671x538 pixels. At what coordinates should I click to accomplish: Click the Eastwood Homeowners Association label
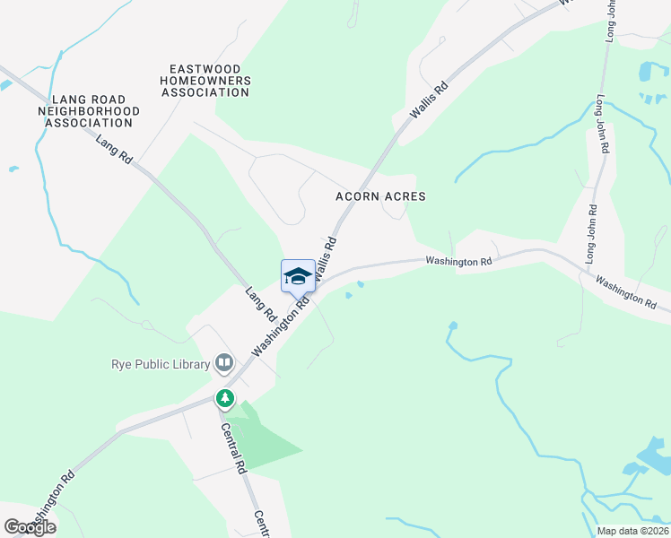(210, 81)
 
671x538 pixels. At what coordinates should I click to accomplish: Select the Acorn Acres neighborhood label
(380, 196)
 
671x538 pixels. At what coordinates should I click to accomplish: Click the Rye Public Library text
(160, 364)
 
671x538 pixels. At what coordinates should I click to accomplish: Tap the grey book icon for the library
(224, 363)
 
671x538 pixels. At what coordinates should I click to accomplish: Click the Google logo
(30, 527)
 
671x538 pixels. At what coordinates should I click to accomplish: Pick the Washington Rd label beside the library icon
(280, 327)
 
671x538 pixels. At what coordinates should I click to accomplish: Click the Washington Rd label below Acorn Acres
(459, 262)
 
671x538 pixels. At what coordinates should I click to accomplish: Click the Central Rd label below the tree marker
(235, 448)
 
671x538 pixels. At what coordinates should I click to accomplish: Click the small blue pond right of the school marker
(360, 286)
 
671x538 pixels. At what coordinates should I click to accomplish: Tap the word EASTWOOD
(210, 68)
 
